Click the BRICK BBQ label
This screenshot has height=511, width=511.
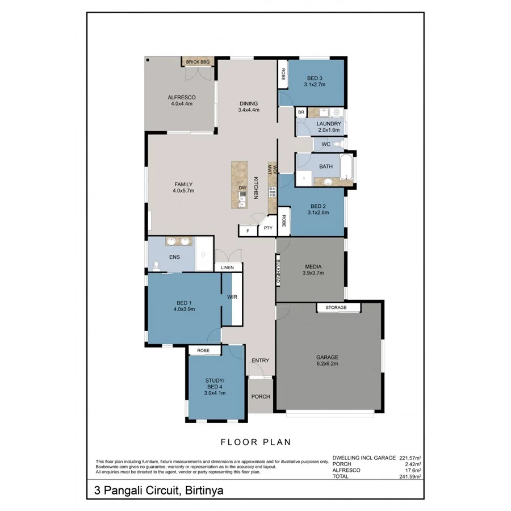point(197,62)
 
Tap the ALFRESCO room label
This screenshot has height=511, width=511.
point(182,100)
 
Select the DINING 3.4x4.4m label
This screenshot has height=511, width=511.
point(248,107)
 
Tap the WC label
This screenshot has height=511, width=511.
point(325,144)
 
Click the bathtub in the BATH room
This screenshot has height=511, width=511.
point(346,169)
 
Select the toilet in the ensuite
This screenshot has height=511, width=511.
point(157,264)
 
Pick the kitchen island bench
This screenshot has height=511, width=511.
point(240,184)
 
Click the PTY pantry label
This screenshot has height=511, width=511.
point(268,228)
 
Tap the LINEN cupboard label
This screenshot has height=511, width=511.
point(227,267)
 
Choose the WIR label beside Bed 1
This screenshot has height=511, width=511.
point(232,297)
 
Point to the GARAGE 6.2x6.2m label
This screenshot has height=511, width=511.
point(327,360)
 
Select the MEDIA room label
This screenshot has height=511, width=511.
point(313,269)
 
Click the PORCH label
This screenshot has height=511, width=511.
point(261,396)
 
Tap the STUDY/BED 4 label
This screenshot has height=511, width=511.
point(215,386)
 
